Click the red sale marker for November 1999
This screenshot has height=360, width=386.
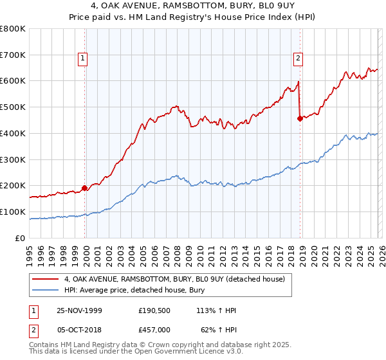point(84,188)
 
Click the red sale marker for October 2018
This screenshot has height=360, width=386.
point(300,118)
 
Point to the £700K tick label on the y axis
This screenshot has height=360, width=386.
point(13,55)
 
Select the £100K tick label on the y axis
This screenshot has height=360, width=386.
point(13,212)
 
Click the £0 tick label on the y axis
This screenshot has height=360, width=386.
point(21,238)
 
